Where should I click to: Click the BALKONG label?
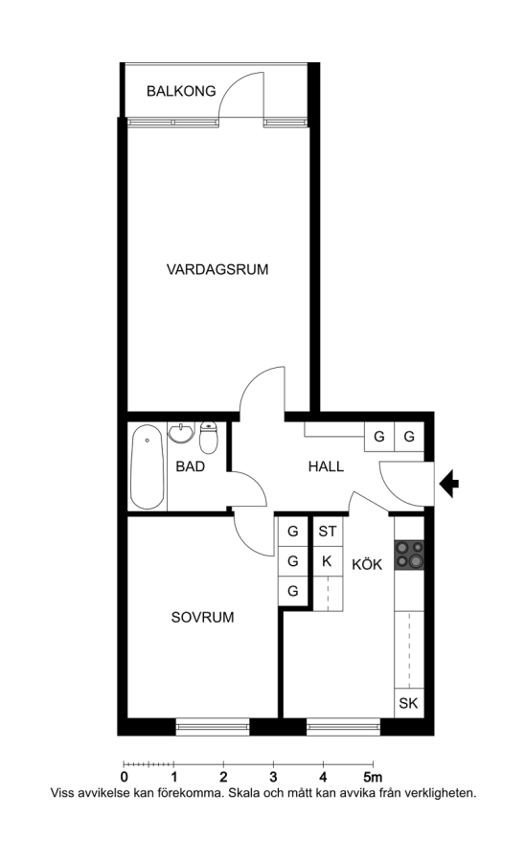pos(181,91)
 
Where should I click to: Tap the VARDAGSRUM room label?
pos(217,269)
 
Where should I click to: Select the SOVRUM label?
pos(202,618)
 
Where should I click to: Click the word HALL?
pos(326,466)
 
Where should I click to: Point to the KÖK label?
pos(367,564)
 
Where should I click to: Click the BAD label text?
pos(191,466)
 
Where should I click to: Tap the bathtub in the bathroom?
pos(148,467)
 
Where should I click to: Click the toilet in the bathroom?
pos(209,437)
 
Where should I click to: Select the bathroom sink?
pos(181,433)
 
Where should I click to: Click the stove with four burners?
pos(409,555)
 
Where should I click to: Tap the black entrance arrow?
pos(449,484)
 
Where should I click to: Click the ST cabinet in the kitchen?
pos(327,532)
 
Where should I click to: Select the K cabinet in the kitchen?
pos(327,561)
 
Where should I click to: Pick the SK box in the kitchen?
pos(408,703)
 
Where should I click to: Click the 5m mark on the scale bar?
pos(373,778)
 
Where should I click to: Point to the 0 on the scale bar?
pos(125,778)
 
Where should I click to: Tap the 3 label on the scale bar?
pos(273,778)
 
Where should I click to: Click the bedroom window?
pos(212,727)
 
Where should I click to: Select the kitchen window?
pos(343,727)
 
